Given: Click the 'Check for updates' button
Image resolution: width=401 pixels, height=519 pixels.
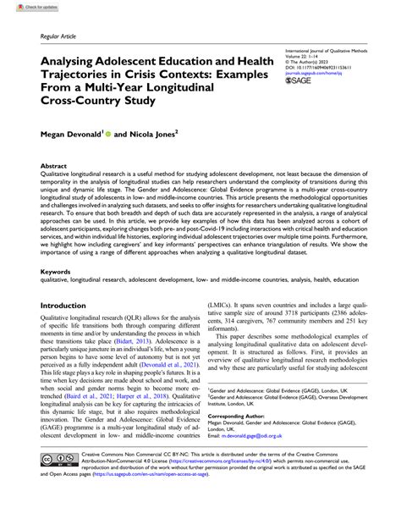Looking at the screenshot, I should [x=24, y=6].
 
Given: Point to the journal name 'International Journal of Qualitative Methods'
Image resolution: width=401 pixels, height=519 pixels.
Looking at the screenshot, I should [x=326, y=51].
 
